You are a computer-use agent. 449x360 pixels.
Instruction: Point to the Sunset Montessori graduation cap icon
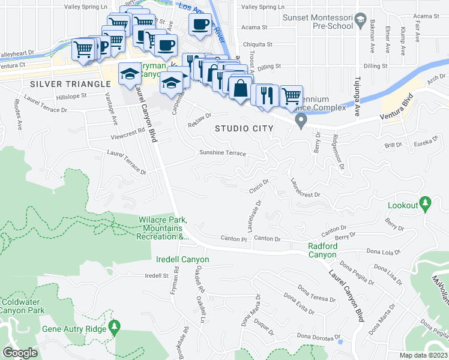360,22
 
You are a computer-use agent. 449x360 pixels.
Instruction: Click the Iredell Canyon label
182,259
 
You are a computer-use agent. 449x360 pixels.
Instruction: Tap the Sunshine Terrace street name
223,153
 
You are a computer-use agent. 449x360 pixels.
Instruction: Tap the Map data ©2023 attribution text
423,355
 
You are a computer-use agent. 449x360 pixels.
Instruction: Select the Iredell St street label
157,275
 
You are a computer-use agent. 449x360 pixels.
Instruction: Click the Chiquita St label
257,44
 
